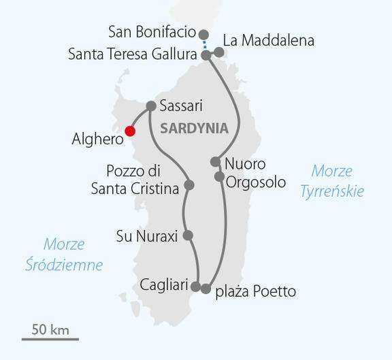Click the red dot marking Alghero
(x=130, y=131)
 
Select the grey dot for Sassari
(x=152, y=106)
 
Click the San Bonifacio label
(x=152, y=32)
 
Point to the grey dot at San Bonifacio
(x=203, y=33)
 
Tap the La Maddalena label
(x=269, y=41)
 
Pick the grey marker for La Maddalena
(x=219, y=52)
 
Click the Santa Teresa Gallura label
(x=135, y=54)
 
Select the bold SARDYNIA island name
(x=194, y=129)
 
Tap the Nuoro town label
(x=245, y=164)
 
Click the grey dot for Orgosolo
(x=219, y=177)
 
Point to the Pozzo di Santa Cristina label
(x=135, y=180)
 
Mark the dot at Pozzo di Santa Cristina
(x=189, y=185)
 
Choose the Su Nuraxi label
(x=147, y=237)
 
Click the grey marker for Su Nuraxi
(x=189, y=235)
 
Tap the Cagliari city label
(x=163, y=284)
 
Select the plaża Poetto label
(x=256, y=292)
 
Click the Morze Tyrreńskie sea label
(x=332, y=180)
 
